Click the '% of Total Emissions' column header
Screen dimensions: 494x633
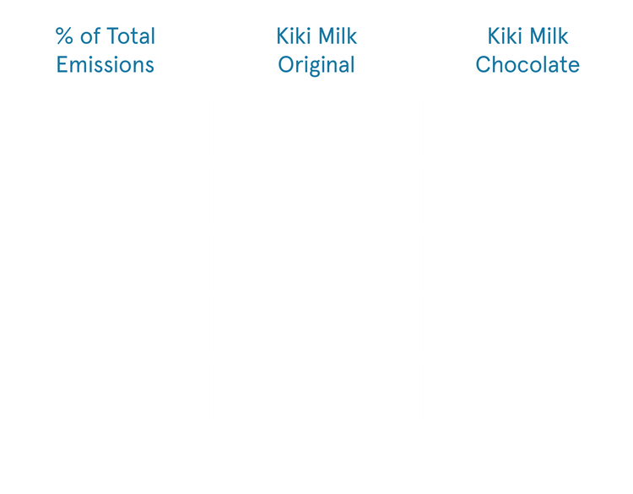[105, 50]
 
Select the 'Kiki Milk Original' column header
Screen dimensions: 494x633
[316, 50]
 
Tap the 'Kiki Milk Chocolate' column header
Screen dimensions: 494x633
[527, 50]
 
